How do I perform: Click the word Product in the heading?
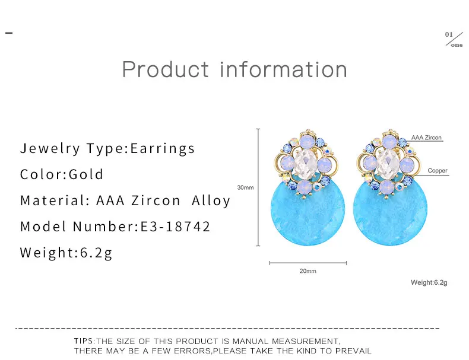(x=166, y=69)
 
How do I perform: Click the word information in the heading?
(x=283, y=69)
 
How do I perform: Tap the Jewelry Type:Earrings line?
(x=107, y=149)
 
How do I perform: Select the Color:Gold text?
(x=62, y=174)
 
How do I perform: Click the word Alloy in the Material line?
(x=211, y=201)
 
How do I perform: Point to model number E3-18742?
(x=175, y=227)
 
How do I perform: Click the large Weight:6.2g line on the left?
(x=66, y=253)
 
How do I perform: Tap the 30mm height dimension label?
(x=245, y=187)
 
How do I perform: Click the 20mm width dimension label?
(x=308, y=271)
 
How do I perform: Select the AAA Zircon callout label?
(x=426, y=138)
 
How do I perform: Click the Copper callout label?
(x=438, y=171)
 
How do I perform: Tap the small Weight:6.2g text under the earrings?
(x=429, y=283)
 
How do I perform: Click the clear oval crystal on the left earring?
(x=305, y=163)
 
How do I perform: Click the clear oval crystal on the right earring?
(x=388, y=163)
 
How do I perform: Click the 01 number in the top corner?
(x=449, y=34)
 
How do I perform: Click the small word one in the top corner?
(x=457, y=45)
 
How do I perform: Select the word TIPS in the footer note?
(x=84, y=341)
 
